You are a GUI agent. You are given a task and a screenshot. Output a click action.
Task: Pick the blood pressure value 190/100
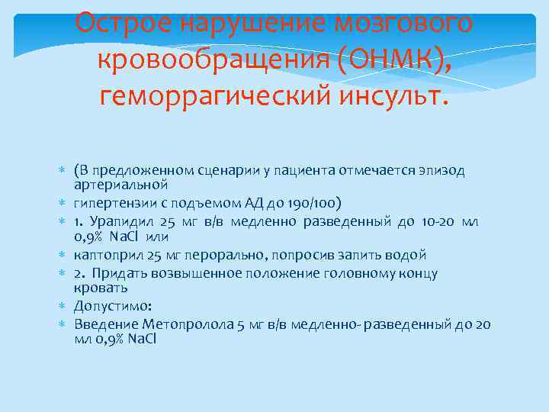click(x=318, y=203)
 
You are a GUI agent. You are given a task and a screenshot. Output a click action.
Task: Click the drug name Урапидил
click(x=120, y=221)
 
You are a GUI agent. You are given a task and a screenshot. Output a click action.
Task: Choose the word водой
click(x=406, y=255)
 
